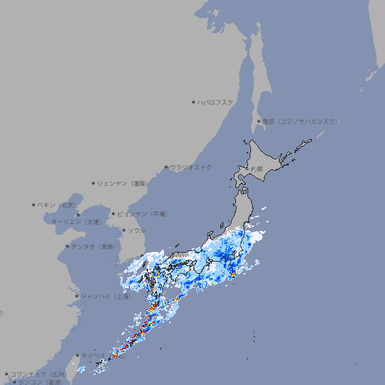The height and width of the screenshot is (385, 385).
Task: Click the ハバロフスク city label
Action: [216, 102]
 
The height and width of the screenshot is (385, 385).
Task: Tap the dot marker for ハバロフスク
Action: [194, 102]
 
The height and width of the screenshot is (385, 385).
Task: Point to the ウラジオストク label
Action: [192, 167]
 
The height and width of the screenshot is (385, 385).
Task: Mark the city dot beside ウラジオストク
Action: [167, 167]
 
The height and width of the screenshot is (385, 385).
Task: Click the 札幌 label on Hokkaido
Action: [257, 169]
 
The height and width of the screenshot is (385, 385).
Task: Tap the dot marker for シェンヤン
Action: [94, 183]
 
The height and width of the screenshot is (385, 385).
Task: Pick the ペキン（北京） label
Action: [58, 205]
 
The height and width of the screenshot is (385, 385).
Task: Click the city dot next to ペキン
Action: [34, 205]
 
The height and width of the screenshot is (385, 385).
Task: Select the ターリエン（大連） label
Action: [76, 222]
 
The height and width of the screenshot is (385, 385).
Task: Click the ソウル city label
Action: [136, 230]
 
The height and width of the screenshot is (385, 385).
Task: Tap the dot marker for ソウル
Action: [123, 230]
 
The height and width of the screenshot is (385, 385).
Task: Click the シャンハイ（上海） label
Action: [106, 296]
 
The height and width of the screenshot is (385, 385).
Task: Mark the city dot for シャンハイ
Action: [77, 296]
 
